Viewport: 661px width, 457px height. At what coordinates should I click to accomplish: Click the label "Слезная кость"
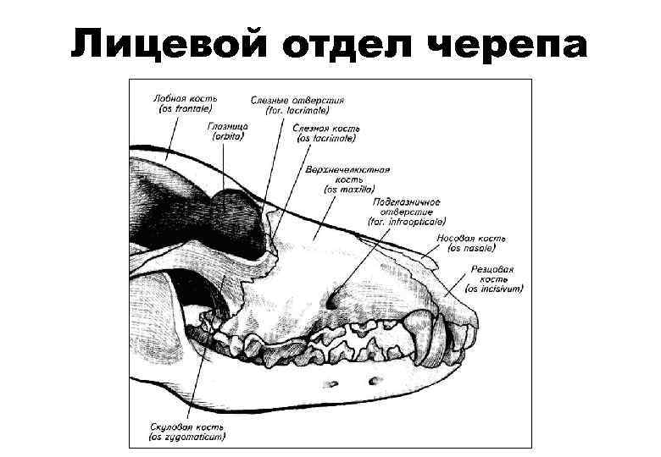[x=326, y=128]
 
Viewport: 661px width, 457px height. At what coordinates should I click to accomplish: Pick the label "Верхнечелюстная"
[x=349, y=168]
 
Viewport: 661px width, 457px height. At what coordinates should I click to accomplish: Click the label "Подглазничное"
[x=407, y=201]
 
